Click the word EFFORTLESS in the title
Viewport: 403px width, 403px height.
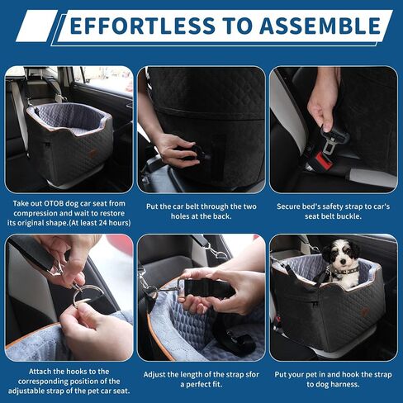(143, 26)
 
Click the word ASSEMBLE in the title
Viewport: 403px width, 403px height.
(320, 26)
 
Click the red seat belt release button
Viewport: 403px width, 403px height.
(324, 161)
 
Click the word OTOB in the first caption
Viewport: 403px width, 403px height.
(54, 203)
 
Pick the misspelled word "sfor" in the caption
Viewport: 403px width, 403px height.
(251, 374)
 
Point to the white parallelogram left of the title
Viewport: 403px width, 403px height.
(37, 26)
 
